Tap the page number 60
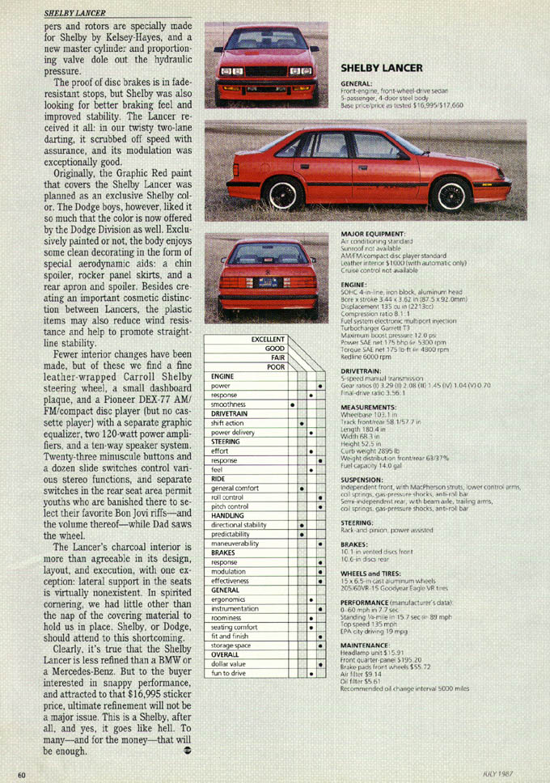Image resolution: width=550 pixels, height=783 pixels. pos(22,773)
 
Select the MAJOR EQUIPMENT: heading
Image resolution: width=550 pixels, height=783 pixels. pos(373,235)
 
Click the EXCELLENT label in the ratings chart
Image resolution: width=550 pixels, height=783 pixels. pos(268,340)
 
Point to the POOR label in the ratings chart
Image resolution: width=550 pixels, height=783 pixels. pos(277,367)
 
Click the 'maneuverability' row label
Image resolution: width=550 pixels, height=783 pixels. pos(235,544)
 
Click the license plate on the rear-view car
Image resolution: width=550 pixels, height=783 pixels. pos(268,283)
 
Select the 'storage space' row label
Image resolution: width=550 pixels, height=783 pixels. pos(233,668)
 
